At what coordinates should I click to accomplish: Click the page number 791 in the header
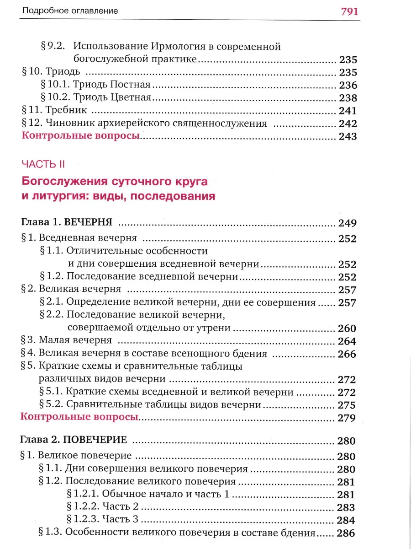point(349,11)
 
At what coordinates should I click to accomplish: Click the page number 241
point(347,111)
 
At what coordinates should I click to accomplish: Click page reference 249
point(347,223)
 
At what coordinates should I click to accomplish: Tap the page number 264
point(347,341)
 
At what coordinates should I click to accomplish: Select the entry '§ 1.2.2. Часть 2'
point(103,507)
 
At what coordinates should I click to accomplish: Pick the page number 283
point(346,507)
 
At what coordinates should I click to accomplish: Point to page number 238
point(347,98)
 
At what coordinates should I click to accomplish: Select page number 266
point(347,354)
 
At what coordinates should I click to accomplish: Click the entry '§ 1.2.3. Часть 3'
point(103,520)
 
